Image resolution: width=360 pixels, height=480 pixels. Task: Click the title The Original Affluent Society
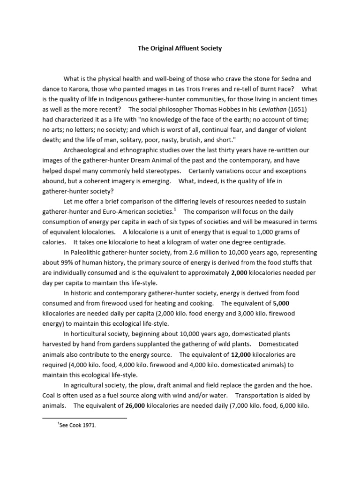180,48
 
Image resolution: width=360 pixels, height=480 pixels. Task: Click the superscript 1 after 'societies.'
175,209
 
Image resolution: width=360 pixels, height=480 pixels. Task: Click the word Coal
50,395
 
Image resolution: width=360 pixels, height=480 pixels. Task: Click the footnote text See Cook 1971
77,426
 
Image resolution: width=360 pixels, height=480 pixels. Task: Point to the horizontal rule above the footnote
84,417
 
